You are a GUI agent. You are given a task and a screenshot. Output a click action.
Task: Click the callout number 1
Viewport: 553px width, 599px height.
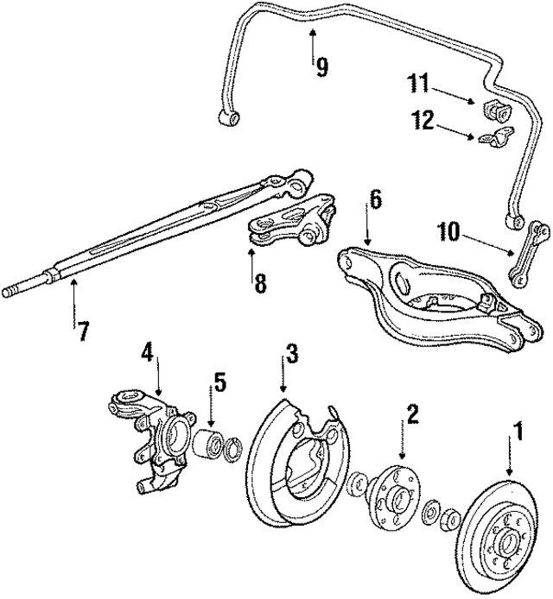coord(519,429)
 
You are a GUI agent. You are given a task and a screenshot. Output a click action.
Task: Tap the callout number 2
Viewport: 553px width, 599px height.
coord(413,413)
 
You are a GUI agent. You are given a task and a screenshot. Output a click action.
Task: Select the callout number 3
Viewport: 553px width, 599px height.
coord(293,353)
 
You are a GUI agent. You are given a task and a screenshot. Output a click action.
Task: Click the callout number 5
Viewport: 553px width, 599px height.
coord(219,381)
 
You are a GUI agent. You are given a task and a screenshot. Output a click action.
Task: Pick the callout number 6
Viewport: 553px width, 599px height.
coord(374,199)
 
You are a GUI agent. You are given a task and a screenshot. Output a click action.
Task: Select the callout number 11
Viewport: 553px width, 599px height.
coord(419,84)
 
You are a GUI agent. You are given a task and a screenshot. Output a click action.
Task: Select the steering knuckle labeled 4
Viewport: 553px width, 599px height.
coord(156,432)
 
